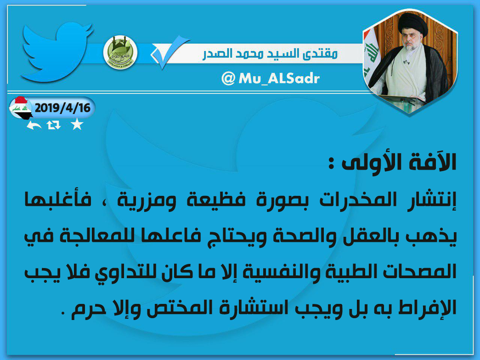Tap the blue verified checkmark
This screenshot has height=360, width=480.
coord(169,52)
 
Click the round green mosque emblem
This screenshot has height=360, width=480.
coord(120,52)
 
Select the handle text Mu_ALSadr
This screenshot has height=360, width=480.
coord(279,79)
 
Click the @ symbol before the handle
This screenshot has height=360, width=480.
coord(228,79)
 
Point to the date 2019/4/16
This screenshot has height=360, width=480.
coord(63,108)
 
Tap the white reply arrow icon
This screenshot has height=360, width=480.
coord(34,125)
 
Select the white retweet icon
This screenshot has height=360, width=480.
coord(54,125)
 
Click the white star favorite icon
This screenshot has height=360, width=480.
coord(77,124)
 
